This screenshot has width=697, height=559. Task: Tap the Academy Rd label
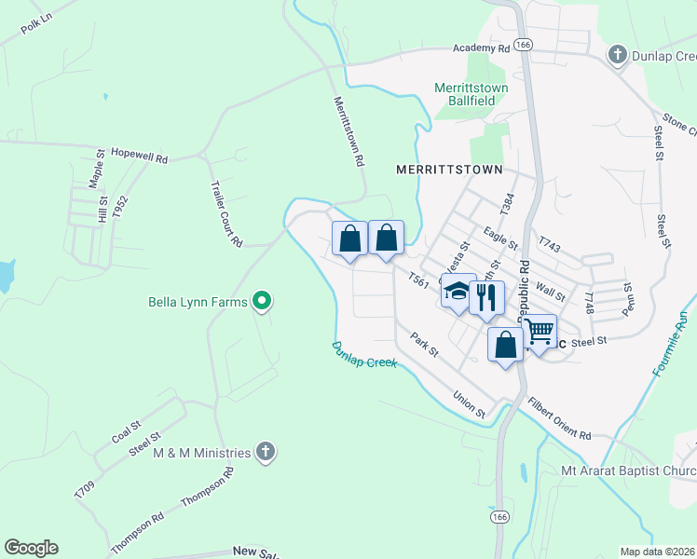(483, 48)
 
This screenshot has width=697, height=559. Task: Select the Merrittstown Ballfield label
(471, 94)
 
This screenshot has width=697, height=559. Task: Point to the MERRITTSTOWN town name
(448, 170)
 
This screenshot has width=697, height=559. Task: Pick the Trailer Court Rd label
(226, 213)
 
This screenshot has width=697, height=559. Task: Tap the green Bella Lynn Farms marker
(263, 300)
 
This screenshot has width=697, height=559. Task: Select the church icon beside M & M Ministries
(266, 453)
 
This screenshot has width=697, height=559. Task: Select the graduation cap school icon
(458, 290)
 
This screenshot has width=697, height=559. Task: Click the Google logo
(31, 548)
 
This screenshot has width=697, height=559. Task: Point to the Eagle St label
(500, 239)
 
